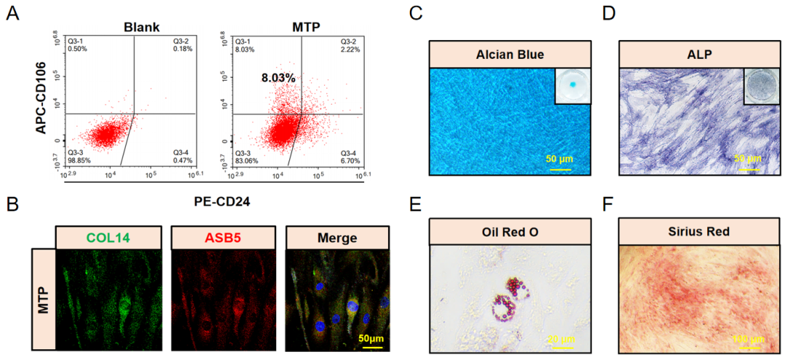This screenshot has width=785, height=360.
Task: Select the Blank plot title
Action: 132,27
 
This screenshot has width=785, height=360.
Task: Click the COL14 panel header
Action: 108,237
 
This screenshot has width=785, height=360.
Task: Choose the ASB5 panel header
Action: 222,237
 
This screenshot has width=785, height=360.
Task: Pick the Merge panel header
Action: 337,237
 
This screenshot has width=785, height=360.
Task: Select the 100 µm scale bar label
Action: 749,339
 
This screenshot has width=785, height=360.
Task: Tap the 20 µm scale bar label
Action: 560,339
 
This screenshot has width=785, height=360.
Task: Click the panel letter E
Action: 416,204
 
